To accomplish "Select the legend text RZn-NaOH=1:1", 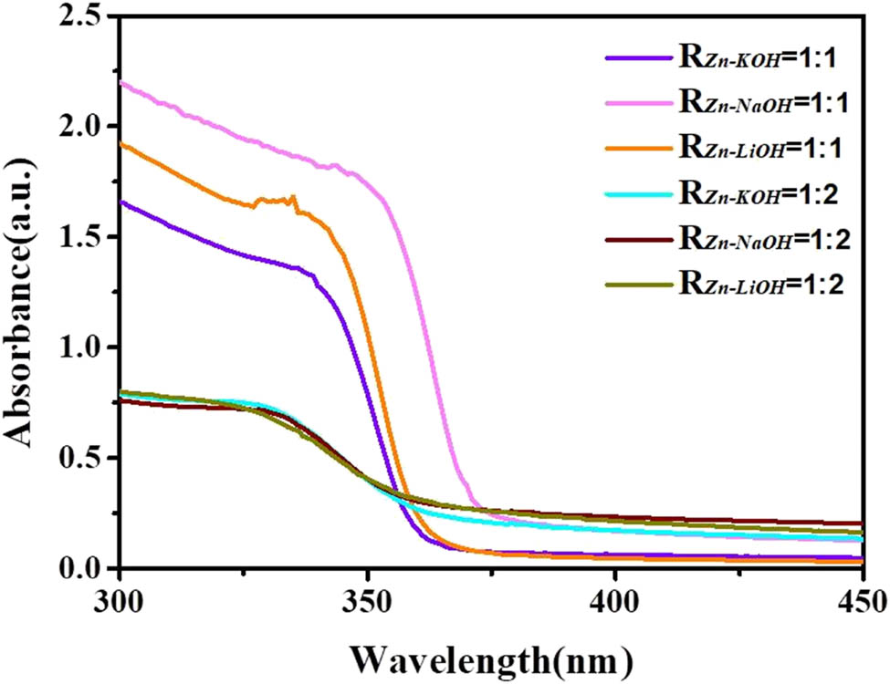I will point(761,102).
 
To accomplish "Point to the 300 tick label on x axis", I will point(120,602).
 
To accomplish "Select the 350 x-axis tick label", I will point(367,602).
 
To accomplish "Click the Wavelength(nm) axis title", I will point(490,655).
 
